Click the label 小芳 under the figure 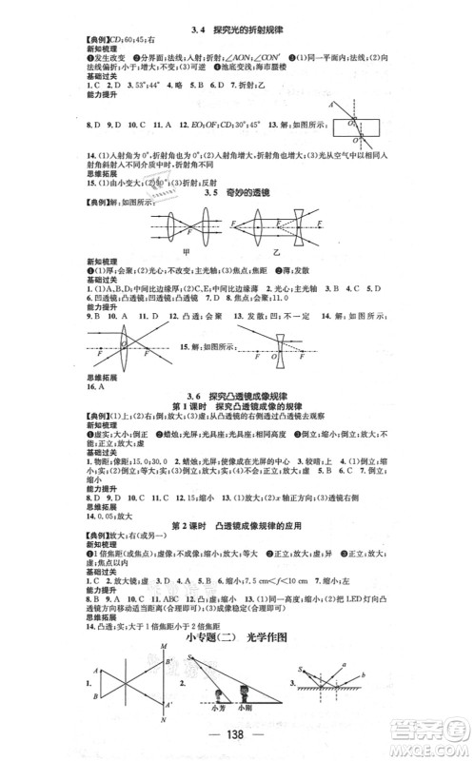click(223, 706)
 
